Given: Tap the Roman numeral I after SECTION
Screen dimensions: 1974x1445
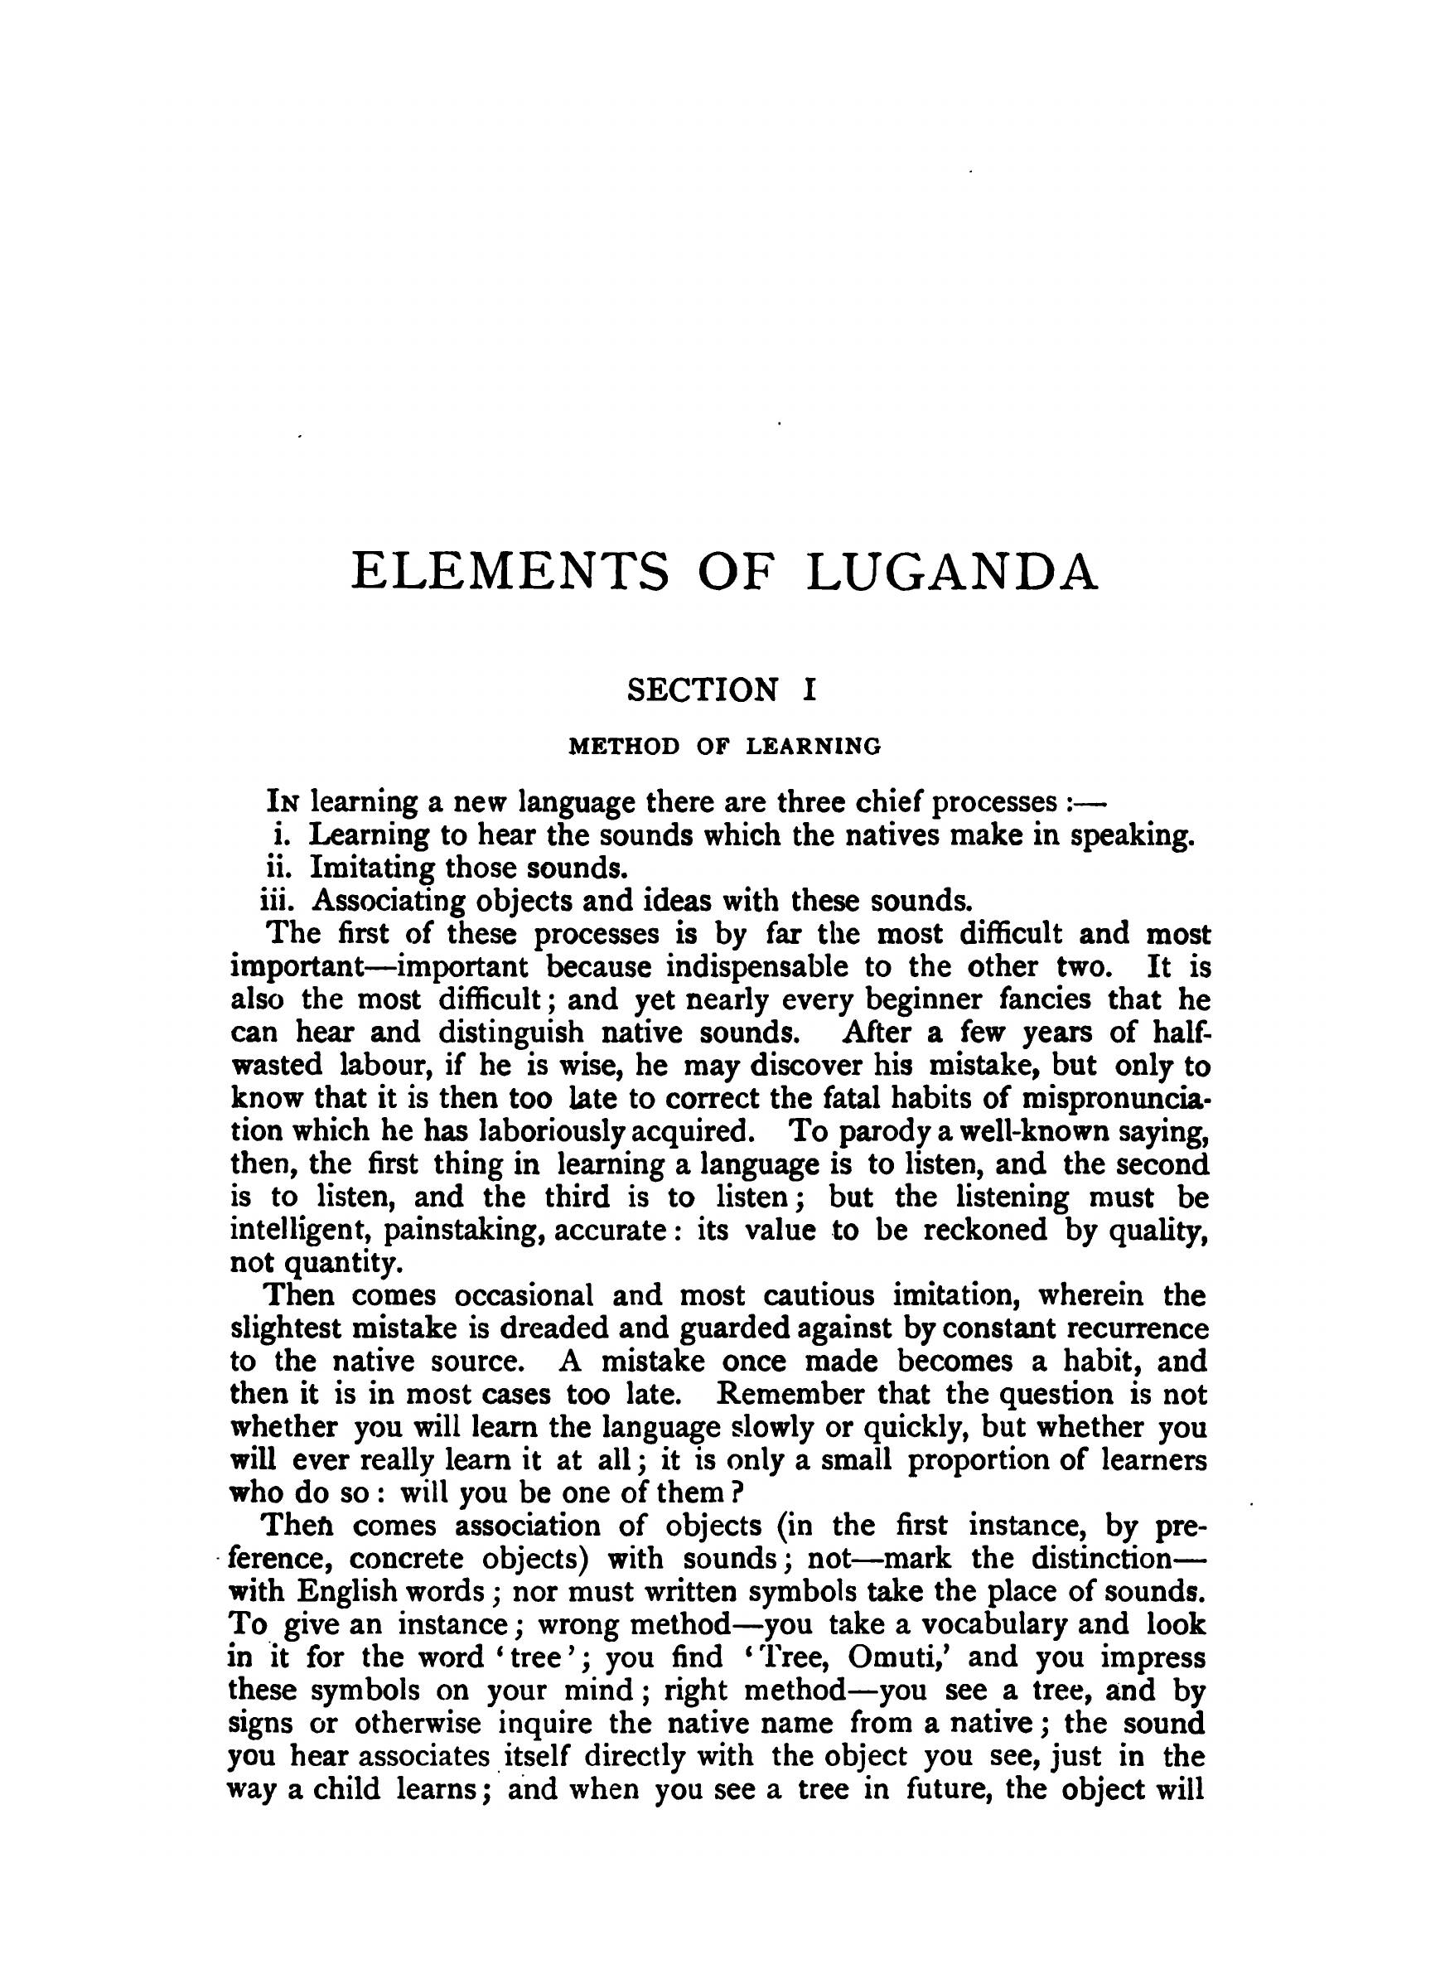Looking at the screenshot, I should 809,690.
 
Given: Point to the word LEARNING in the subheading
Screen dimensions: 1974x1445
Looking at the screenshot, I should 814,746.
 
